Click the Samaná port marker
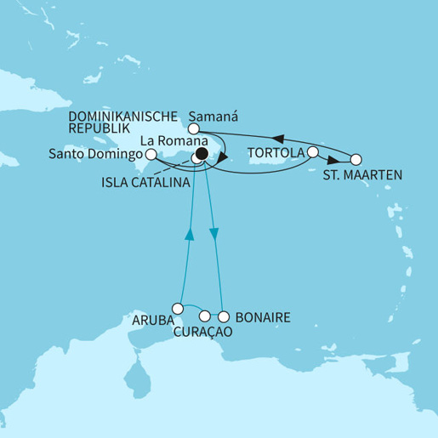193,128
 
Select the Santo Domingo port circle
151,155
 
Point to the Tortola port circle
313,152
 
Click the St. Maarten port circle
356,159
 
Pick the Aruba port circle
178,308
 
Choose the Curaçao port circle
204,316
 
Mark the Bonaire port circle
225,316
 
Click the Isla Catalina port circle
195,159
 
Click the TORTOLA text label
276,153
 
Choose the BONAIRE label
265,317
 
